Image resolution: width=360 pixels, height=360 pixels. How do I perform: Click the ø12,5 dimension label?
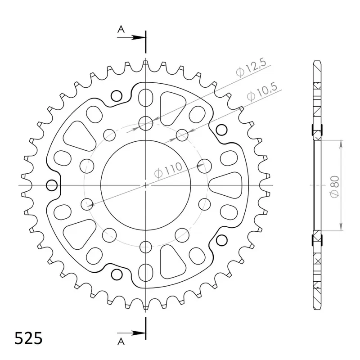251,68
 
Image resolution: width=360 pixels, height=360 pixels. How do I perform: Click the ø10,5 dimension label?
262,92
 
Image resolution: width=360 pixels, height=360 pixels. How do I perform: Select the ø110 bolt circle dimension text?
168,171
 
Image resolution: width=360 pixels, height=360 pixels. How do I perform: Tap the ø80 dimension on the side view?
334,186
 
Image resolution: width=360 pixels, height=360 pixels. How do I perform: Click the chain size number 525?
28,338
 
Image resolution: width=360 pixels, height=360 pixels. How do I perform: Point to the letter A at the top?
121,29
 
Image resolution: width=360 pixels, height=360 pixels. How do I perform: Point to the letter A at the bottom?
121,342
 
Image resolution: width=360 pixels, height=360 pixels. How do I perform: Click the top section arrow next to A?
131,37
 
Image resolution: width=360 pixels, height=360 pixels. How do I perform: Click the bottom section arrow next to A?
131,333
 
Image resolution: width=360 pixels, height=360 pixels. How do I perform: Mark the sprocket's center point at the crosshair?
145,185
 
